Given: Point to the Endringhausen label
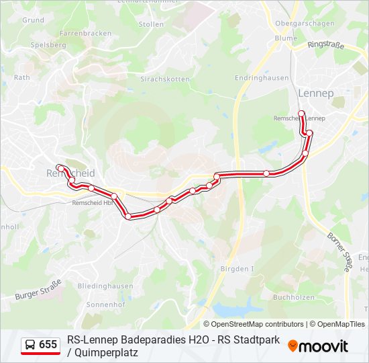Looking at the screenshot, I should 262,78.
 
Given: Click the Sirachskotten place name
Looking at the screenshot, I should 164,79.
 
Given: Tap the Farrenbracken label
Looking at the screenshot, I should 85,33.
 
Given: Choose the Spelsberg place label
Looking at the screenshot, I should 48,45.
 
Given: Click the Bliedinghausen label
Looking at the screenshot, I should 105,286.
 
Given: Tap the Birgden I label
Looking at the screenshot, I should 238,268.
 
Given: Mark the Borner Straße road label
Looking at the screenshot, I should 339,251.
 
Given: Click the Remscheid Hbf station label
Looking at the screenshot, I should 93,202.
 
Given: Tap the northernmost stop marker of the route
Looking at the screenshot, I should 301,113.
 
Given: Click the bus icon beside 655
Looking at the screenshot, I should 31,345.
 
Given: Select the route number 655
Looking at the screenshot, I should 48,345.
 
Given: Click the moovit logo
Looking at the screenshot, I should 318,346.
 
